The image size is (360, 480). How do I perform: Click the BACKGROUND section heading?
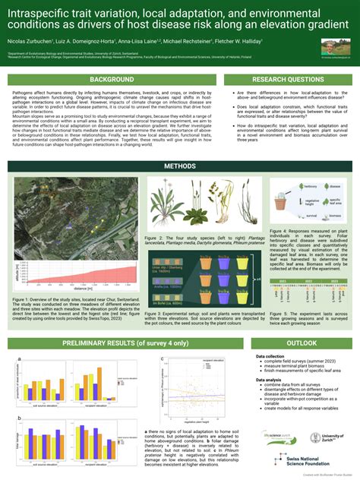(x=112, y=79)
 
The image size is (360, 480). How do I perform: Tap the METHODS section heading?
(x=180, y=166)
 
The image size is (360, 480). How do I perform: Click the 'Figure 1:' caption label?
(x=24, y=300)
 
